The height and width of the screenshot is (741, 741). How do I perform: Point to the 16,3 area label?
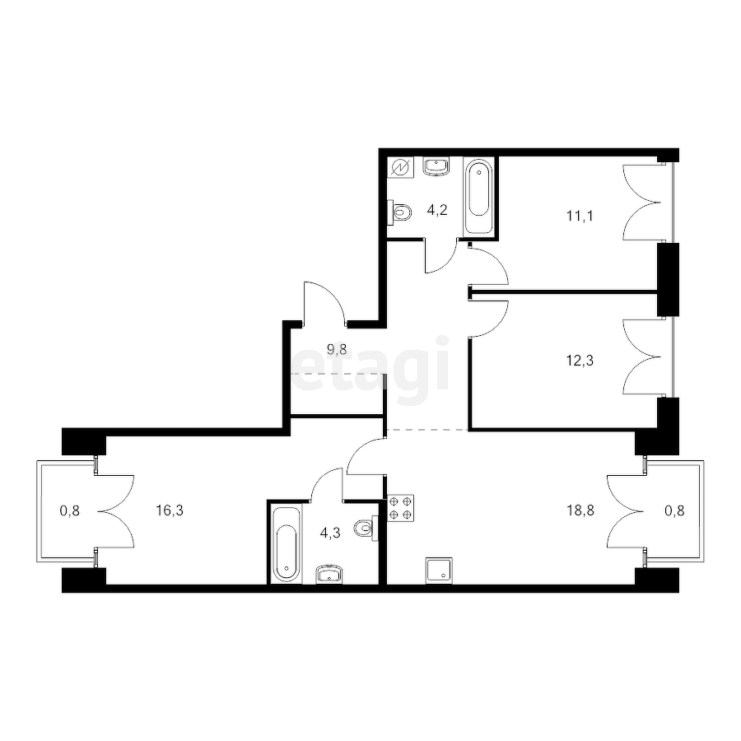[170, 509]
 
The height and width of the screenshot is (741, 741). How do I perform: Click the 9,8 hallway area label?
[337, 348]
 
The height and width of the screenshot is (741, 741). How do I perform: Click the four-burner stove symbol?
[400, 508]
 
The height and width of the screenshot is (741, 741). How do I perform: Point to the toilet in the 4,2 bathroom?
[400, 212]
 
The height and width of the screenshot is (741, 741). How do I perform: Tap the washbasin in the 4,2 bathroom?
[437, 165]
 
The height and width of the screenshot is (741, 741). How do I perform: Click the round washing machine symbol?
[399, 166]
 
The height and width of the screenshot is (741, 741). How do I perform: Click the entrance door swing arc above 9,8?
[323, 301]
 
